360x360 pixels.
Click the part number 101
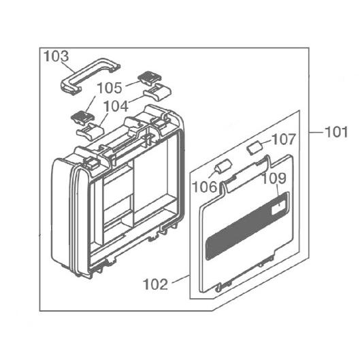pyautogui.click(x=336, y=132)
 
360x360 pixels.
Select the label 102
pyautogui.click(x=155, y=284)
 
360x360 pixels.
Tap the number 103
pyautogui.click(x=56, y=56)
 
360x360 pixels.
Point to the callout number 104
pyautogui.click(x=116, y=107)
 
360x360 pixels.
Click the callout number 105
pyautogui.click(x=110, y=88)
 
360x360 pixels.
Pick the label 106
pyautogui.click(x=204, y=186)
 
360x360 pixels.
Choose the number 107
pyautogui.click(x=284, y=140)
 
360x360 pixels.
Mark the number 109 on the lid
pyautogui.click(x=274, y=178)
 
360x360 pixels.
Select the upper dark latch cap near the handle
pyautogui.click(x=150, y=77)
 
